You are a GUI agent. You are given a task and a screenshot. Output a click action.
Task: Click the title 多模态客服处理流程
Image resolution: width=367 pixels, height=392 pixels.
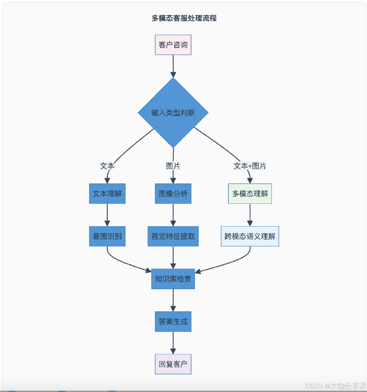point(184,18)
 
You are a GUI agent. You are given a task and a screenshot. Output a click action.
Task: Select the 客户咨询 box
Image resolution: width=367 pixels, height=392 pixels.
point(173,45)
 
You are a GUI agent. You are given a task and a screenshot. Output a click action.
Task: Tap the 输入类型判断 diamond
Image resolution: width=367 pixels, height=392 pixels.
point(173,113)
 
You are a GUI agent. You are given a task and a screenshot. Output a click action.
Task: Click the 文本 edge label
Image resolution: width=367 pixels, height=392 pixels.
point(107,166)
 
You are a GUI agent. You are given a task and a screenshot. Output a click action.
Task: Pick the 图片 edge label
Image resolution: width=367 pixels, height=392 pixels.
point(173,166)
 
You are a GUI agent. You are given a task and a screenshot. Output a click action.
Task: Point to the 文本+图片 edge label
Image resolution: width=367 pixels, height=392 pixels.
point(250,166)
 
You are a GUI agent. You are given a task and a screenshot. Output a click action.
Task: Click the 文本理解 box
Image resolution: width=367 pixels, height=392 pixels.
point(107,194)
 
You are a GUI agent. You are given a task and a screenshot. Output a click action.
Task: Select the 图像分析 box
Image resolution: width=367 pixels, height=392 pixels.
point(173,194)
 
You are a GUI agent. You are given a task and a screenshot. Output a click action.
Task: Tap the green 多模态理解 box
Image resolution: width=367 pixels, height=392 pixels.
point(250,194)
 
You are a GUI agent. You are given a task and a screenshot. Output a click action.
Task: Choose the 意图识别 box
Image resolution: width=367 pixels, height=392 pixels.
point(107,236)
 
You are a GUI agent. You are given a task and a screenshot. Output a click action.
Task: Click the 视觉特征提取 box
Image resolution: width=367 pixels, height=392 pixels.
point(173,236)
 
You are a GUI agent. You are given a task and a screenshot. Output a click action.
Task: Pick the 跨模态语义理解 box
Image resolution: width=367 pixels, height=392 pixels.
point(250,236)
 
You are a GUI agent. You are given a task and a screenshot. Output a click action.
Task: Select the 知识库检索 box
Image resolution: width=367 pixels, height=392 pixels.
point(173,279)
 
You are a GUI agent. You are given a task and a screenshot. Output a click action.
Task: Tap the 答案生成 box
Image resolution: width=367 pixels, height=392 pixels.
point(173,321)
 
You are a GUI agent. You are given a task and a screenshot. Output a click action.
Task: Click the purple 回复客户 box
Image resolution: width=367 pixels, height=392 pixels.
point(173,364)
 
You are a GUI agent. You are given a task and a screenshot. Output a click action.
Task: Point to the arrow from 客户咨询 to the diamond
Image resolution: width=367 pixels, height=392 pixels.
point(173,66)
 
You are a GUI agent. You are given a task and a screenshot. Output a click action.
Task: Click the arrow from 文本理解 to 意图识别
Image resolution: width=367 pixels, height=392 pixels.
point(107,215)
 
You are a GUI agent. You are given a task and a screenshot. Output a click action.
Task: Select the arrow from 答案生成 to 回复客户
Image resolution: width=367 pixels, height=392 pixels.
point(173,343)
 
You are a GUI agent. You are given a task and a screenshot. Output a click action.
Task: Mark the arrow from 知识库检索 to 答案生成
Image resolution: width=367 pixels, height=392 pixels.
point(173,300)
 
